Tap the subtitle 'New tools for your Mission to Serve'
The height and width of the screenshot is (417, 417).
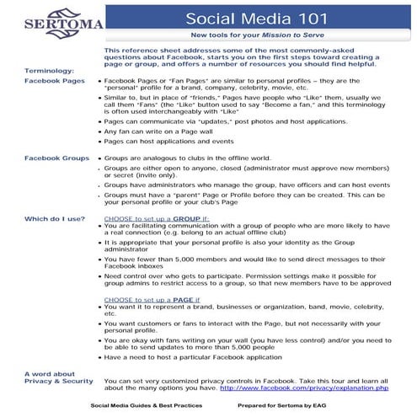click(x=258, y=37)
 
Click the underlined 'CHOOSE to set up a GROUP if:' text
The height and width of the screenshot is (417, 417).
click(x=156, y=218)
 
